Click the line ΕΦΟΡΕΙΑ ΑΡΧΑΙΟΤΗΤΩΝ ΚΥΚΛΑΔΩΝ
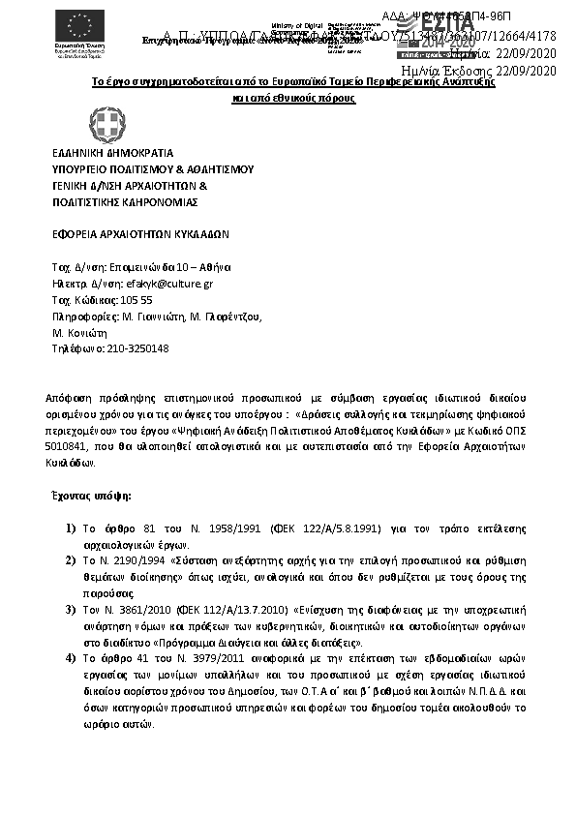click(x=140, y=234)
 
